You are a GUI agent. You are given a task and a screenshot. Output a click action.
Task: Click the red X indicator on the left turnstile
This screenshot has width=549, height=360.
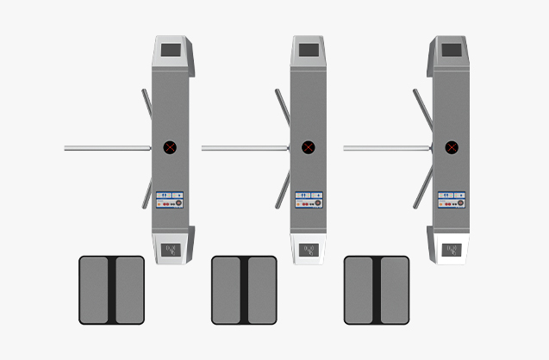[170, 147]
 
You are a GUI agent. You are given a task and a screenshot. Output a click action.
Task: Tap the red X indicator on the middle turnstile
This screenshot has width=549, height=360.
[309, 147]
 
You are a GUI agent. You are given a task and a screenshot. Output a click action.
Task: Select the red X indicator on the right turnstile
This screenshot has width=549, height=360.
[452, 147]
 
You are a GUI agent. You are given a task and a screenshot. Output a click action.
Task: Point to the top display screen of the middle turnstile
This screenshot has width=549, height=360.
[309, 49]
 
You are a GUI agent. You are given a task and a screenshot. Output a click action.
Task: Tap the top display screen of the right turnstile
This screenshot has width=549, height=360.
[452, 49]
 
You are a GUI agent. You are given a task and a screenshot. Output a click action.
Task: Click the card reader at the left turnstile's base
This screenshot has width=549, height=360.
[171, 250]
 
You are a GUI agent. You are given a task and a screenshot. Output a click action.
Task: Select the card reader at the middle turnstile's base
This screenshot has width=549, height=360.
[309, 250]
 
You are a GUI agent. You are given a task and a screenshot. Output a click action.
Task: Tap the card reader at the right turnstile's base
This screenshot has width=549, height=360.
[452, 250]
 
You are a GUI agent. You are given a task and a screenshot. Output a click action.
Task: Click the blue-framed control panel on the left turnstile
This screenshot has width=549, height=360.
[170, 200]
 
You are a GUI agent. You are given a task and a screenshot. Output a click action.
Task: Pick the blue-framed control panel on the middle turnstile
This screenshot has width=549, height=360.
[309, 200]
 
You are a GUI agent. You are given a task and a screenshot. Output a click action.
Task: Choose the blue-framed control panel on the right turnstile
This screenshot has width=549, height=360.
[452, 200]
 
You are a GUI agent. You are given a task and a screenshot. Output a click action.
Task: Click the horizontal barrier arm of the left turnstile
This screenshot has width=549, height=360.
[108, 148]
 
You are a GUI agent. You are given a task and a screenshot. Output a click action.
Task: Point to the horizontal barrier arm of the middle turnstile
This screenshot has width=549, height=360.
[245, 148]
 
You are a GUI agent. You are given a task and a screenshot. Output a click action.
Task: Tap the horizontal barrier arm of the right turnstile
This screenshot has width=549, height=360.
[387, 148]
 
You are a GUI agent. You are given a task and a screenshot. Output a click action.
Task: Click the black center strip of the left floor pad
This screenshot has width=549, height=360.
[112, 290]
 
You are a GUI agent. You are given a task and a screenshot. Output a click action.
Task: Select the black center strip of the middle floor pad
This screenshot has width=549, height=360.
[244, 290]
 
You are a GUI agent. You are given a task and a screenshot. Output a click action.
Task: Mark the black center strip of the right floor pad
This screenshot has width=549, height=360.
[377, 290]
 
